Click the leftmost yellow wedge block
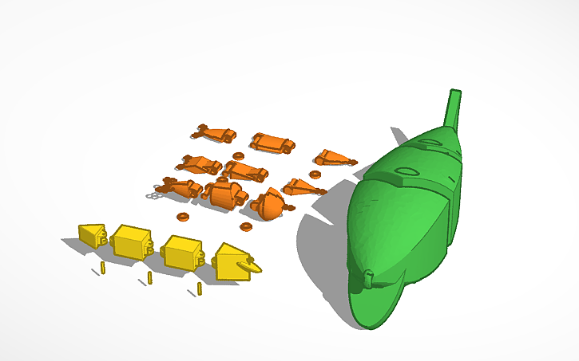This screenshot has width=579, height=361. pos(92,236)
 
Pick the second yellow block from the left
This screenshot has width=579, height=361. pos(132,241)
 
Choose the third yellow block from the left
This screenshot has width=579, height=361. pos(183,252)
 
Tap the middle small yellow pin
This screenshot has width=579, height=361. pos(149,277)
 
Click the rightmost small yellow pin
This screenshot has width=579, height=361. pos(199,288)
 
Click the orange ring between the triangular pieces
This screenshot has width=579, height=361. pos(315,174)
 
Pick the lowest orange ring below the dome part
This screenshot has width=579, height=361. pos(245,226)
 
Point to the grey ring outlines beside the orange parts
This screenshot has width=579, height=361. pos(153,194)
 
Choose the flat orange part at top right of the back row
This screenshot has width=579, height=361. pos(271,143)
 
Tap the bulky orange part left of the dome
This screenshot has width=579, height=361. pos(224,194)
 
